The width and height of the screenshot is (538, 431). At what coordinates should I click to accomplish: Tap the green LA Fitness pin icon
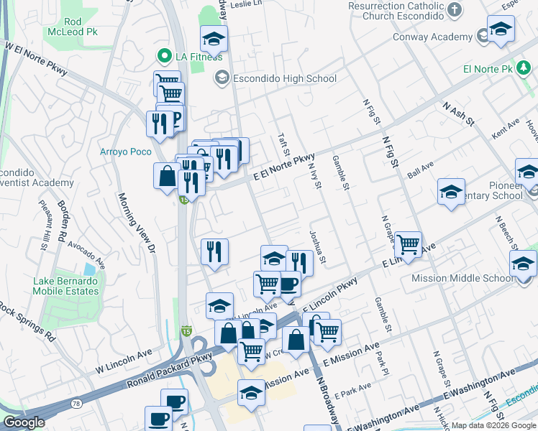click(x=164, y=56)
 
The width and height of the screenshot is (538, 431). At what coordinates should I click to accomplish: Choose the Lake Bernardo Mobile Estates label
click(x=65, y=286)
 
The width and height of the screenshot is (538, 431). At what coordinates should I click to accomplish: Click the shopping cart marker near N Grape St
click(x=408, y=245)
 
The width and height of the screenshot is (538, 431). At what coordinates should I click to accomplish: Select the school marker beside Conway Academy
click(x=500, y=30)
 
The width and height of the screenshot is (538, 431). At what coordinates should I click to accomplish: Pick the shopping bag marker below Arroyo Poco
click(x=167, y=176)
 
